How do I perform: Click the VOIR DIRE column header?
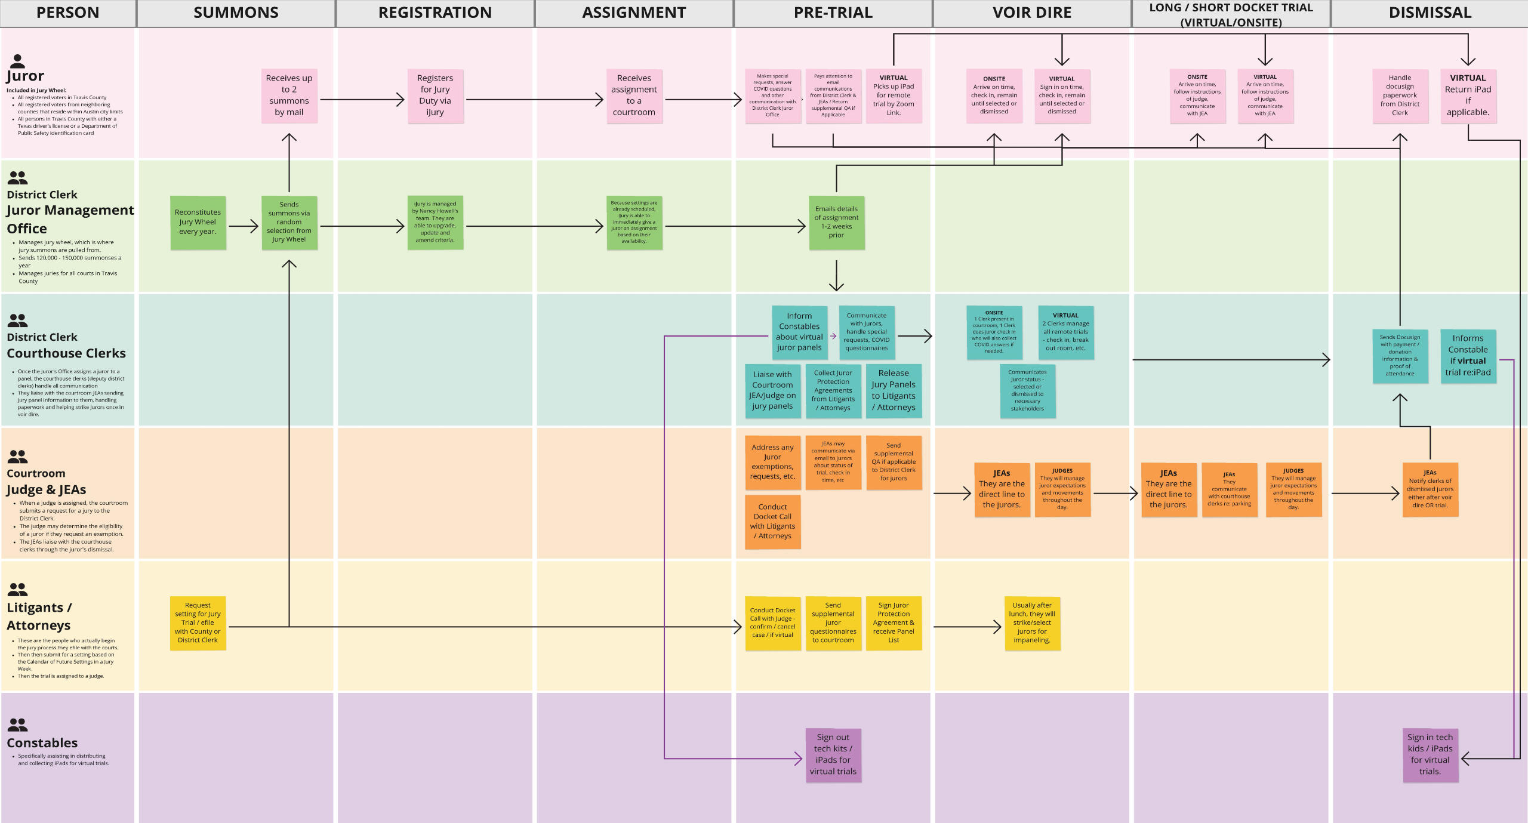tap(1031, 13)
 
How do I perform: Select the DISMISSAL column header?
tap(1430, 13)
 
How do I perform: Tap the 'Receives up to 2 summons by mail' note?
tap(289, 95)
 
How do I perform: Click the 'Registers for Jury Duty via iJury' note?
tap(435, 95)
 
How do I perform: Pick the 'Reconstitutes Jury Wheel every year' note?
tap(198, 222)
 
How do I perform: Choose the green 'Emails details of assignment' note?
tap(836, 222)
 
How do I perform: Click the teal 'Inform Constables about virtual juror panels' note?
tap(799, 332)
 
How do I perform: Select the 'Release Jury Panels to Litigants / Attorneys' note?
tap(894, 390)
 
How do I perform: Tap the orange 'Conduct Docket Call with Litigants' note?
tap(772, 522)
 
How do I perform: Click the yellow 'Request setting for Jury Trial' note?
tap(198, 622)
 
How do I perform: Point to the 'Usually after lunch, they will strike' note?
tap(1032, 622)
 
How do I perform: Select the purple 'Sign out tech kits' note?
tap(833, 754)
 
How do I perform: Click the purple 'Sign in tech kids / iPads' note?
tap(1430, 754)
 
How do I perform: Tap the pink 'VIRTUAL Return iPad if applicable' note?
tap(1468, 95)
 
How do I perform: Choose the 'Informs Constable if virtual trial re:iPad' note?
tap(1468, 356)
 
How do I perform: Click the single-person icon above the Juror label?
tap(18, 61)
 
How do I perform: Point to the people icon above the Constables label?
tap(18, 725)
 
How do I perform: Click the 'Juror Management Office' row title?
tap(70, 219)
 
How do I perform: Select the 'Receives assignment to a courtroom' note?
tap(634, 95)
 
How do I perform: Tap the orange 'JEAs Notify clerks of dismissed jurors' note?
tap(1430, 489)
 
